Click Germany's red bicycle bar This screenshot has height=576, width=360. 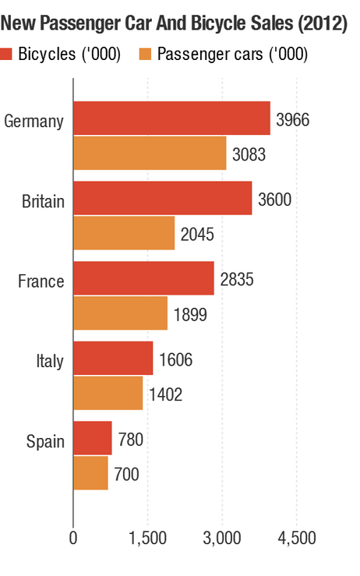[x=171, y=118]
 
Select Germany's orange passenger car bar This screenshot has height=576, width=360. [x=150, y=153]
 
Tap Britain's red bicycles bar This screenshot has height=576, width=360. [x=162, y=198]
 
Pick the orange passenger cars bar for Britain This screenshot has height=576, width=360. [x=124, y=233]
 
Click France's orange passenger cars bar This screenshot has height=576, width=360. [x=120, y=313]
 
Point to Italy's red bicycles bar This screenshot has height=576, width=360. [x=113, y=359]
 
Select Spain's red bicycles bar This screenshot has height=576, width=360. [x=93, y=438]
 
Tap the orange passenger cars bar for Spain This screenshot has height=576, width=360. [x=90, y=473]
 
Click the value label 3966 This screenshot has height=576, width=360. [x=292, y=120]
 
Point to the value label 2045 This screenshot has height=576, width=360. [x=196, y=235]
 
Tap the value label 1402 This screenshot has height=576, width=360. [x=165, y=395]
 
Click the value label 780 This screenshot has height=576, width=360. [x=131, y=440]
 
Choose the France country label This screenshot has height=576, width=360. [x=41, y=281]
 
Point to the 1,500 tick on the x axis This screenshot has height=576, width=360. [x=148, y=539]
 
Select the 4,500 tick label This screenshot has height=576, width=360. [x=297, y=539]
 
